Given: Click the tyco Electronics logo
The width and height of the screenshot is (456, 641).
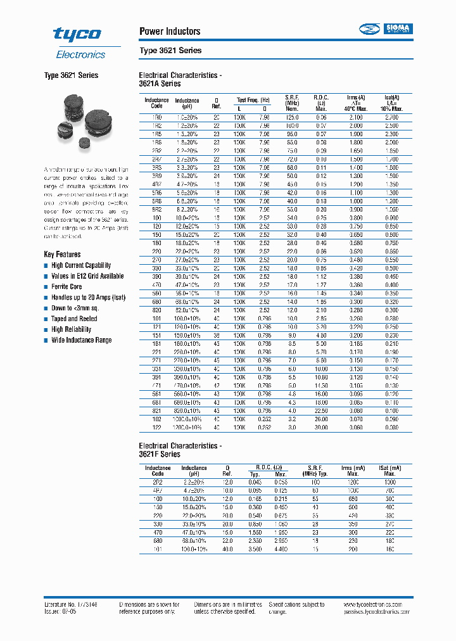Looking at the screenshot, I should click(78, 42).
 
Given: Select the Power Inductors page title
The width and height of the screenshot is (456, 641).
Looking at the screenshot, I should click(169, 31).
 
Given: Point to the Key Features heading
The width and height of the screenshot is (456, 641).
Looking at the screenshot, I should click(62, 254).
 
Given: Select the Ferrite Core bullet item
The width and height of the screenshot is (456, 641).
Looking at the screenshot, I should click(66, 287).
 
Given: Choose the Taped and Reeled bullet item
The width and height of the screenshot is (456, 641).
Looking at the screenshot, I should click(74, 319).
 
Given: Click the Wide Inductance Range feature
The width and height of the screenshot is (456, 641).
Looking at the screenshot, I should click(81, 340).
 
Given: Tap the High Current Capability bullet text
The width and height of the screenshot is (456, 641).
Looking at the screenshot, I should click(80, 265).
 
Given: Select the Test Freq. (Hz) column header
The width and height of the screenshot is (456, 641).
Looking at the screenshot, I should click(253, 100).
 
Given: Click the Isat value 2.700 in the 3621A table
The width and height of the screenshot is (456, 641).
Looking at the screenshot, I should click(391, 118).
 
